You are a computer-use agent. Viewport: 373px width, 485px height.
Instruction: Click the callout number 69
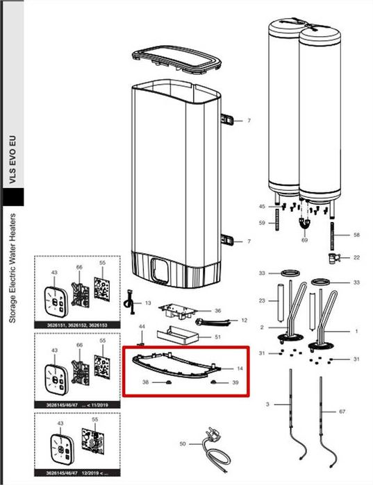point(304,239)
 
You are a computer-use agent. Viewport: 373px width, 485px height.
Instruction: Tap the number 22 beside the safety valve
point(357,257)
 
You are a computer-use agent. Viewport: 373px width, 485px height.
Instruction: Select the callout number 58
point(357,236)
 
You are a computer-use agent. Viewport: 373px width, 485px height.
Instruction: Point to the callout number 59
point(262,223)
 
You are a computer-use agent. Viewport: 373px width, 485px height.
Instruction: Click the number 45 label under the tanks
point(262,207)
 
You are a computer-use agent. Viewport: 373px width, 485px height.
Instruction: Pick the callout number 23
point(262,300)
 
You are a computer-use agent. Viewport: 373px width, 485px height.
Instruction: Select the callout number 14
point(240,368)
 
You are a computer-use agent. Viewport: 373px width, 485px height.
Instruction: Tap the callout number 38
point(146,382)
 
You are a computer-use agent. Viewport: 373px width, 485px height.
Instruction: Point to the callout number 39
point(235,382)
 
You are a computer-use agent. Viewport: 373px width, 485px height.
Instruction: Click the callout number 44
point(142,326)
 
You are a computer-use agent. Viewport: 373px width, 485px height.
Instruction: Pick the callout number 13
point(148,303)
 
